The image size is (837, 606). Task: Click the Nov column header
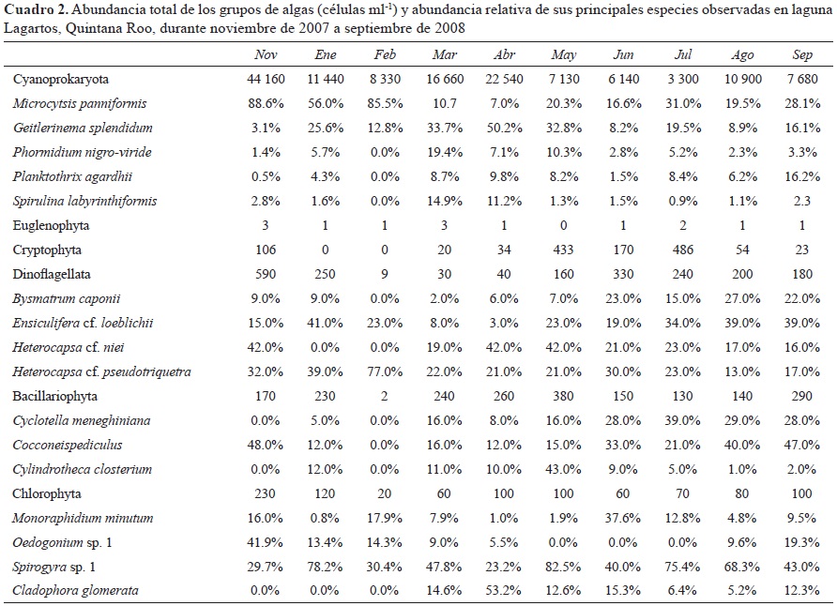[x=266, y=55]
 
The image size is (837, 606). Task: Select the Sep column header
[x=799, y=55]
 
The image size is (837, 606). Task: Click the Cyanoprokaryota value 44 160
[x=266, y=79]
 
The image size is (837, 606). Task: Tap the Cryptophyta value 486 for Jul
[x=682, y=250]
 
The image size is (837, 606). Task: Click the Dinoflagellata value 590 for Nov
[x=266, y=274]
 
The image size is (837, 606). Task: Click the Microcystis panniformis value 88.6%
[x=266, y=103]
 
